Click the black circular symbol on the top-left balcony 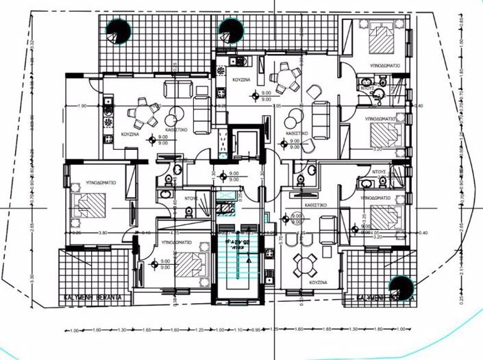click(119, 30)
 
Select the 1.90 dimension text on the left click(82, 106)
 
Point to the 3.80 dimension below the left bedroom click(103, 233)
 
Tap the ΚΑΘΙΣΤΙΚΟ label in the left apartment click(177, 128)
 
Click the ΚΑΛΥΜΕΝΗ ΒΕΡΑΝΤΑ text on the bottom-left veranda click(92, 298)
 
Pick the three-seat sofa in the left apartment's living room click(201, 113)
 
